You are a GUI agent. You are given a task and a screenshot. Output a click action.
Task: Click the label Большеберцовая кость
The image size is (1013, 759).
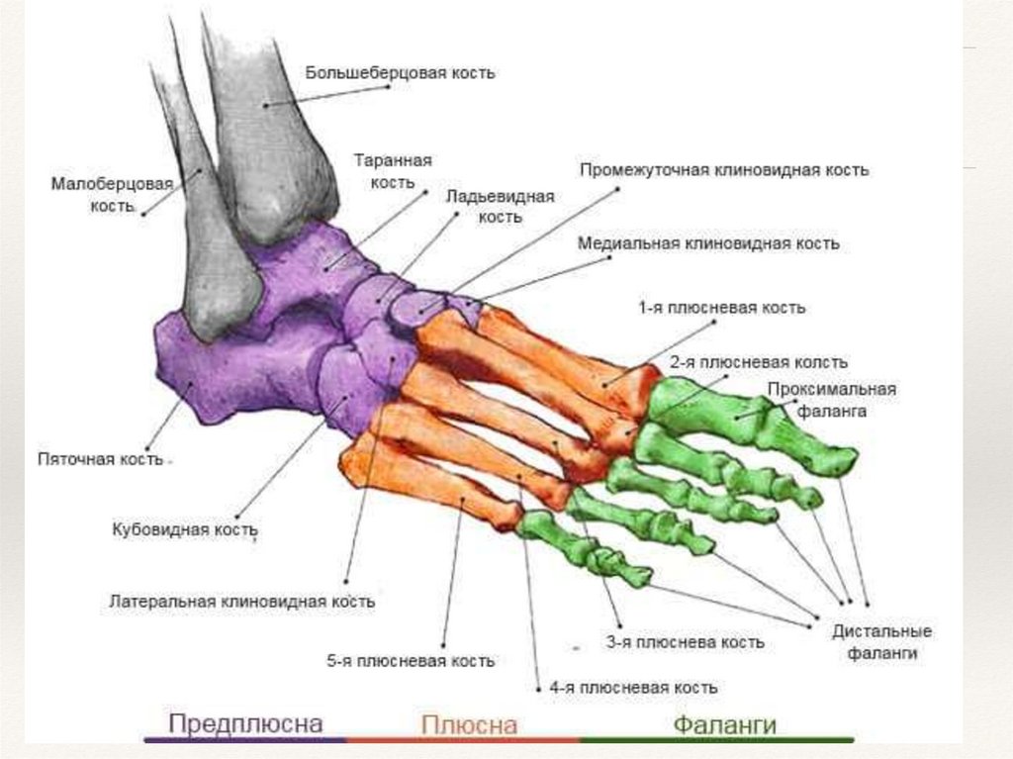[400, 74]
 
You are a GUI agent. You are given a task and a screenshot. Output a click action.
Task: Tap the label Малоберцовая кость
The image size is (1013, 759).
[112, 195]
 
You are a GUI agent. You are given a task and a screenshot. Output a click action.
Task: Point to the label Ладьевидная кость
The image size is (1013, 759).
[498, 205]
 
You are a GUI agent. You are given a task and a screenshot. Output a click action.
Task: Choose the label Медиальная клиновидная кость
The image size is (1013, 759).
[708, 243]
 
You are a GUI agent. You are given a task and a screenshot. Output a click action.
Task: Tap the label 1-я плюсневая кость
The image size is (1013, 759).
[721, 308]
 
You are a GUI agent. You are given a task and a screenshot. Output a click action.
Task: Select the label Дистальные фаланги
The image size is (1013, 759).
[882, 641]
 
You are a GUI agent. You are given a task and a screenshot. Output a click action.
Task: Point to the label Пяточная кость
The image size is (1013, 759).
[99, 459]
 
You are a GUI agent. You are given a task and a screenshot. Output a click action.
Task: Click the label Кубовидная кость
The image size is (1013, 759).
[184, 530]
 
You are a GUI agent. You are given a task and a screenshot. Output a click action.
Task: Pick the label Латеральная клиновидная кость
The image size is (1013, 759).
[241, 601]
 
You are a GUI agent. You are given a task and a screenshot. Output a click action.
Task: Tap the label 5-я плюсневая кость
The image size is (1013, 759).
[411, 660]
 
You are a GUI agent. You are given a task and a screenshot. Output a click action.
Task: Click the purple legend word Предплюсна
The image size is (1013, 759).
[245, 723]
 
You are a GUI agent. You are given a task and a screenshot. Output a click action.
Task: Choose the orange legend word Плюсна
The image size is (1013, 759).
[469, 725]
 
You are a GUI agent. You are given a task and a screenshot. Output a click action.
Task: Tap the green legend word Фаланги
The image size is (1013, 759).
[724, 724]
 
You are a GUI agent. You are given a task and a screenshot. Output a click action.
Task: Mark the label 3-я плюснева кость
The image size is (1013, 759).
[686, 642]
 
